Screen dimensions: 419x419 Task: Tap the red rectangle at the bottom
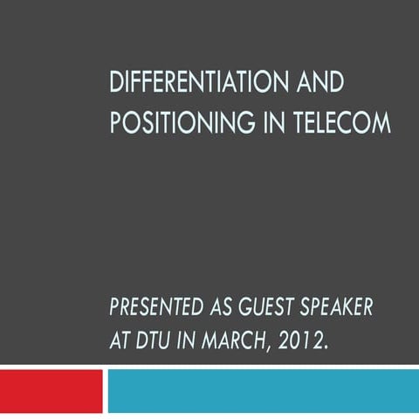pos(51,389)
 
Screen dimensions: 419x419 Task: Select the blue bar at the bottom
pos(262,389)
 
